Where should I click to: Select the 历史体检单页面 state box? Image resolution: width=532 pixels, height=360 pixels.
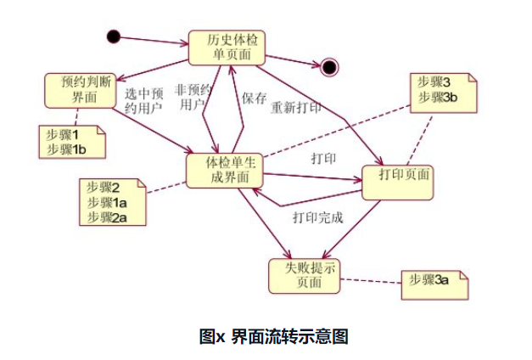(x=226, y=48)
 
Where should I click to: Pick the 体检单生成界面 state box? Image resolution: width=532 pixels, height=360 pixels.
(x=222, y=169)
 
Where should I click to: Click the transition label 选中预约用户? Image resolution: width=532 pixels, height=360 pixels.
(x=144, y=100)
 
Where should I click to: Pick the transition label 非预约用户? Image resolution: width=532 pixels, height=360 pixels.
(x=193, y=97)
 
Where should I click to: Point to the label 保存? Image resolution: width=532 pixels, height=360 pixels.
(x=255, y=98)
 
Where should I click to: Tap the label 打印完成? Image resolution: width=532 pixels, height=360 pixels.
(x=317, y=217)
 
